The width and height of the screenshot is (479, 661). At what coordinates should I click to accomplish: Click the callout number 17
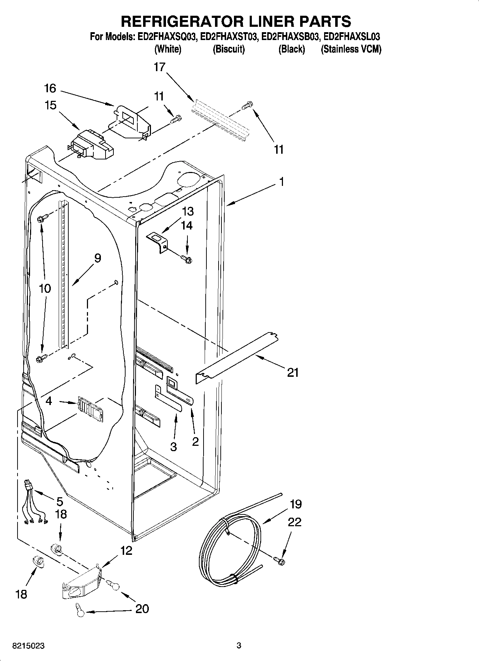click(x=160, y=67)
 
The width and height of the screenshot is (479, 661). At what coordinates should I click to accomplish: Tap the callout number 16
click(x=50, y=88)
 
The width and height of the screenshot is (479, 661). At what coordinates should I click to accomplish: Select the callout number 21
click(x=293, y=373)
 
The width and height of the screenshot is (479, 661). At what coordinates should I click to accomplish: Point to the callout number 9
click(x=97, y=258)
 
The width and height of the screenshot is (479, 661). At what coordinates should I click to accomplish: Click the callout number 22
click(x=294, y=522)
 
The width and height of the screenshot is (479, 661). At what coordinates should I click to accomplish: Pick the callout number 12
click(x=126, y=551)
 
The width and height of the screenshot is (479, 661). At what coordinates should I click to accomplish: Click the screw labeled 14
click(x=186, y=259)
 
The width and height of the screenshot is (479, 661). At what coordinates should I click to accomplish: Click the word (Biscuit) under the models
click(x=229, y=49)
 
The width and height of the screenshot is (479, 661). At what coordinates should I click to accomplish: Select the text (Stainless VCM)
click(x=351, y=49)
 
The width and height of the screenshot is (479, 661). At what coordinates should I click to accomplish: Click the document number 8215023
click(x=29, y=646)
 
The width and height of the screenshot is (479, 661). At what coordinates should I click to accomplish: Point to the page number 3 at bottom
click(x=239, y=646)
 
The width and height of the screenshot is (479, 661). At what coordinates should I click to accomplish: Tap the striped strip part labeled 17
click(x=219, y=120)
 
